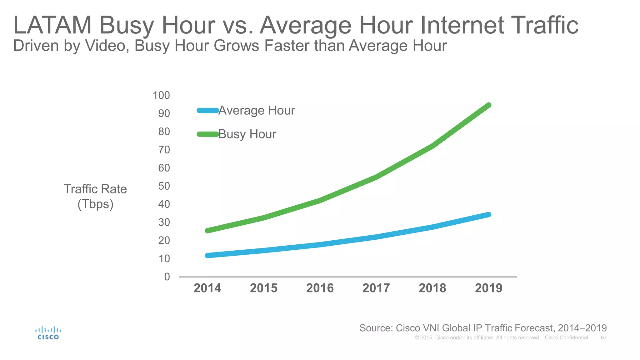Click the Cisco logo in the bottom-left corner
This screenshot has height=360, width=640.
48,333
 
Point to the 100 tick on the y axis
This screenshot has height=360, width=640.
161,95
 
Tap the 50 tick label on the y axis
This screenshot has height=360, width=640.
164,186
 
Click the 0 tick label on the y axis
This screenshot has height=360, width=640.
167,277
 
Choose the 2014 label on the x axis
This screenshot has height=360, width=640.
207,288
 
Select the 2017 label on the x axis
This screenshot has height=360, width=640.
376,288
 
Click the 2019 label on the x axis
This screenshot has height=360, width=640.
488,288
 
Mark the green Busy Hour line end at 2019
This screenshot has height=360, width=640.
489,105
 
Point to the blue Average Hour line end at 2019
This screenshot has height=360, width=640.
489,214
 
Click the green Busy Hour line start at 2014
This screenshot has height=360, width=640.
207,231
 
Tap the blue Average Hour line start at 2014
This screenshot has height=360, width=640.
207,255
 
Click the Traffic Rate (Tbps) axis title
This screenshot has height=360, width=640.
95,196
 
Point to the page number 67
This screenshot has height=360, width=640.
604,337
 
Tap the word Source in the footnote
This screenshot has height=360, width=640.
376,328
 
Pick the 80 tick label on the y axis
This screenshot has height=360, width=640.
164,131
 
